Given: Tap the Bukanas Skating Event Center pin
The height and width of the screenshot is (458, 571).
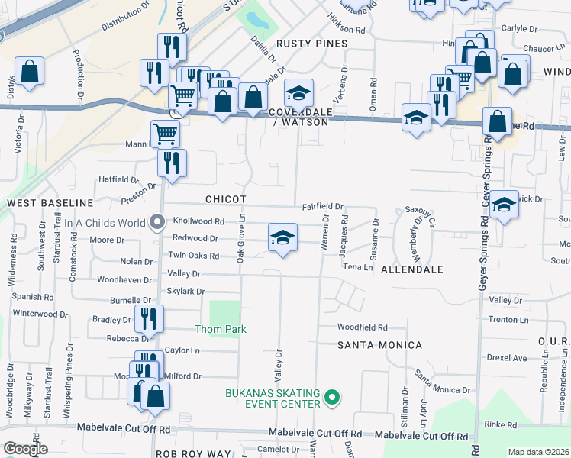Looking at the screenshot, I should point(331,397).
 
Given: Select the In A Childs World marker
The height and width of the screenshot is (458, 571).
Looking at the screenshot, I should point(158,223).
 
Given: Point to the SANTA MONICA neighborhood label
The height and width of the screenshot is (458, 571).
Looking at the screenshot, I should point(380,346).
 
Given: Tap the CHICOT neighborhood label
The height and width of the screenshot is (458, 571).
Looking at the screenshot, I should point(225,199).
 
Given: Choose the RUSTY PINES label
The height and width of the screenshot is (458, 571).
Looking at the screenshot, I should point(311,44).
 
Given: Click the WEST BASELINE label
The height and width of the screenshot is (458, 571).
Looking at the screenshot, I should point(50,204).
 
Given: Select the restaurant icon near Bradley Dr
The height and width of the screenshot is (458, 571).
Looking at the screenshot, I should point(148,318).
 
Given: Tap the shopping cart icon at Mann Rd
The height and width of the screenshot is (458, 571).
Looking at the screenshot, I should point(165,134).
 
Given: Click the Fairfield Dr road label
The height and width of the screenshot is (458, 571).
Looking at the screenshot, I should point(323,207).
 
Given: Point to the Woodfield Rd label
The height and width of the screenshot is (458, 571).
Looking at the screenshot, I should point(363,327).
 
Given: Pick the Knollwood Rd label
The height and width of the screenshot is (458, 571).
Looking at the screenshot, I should point(198,221).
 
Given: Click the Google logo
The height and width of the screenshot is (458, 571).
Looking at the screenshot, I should point(24,449).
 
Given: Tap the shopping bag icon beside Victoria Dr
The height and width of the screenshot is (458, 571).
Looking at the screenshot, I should point(29,71).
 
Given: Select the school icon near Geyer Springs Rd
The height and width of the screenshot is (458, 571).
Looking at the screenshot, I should point(504,205).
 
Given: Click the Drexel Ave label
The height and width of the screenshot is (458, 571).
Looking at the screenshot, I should point(508,357).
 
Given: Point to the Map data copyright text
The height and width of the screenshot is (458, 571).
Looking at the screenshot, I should point(538,452).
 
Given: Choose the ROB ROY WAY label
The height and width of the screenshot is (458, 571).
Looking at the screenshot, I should point(193,453).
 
